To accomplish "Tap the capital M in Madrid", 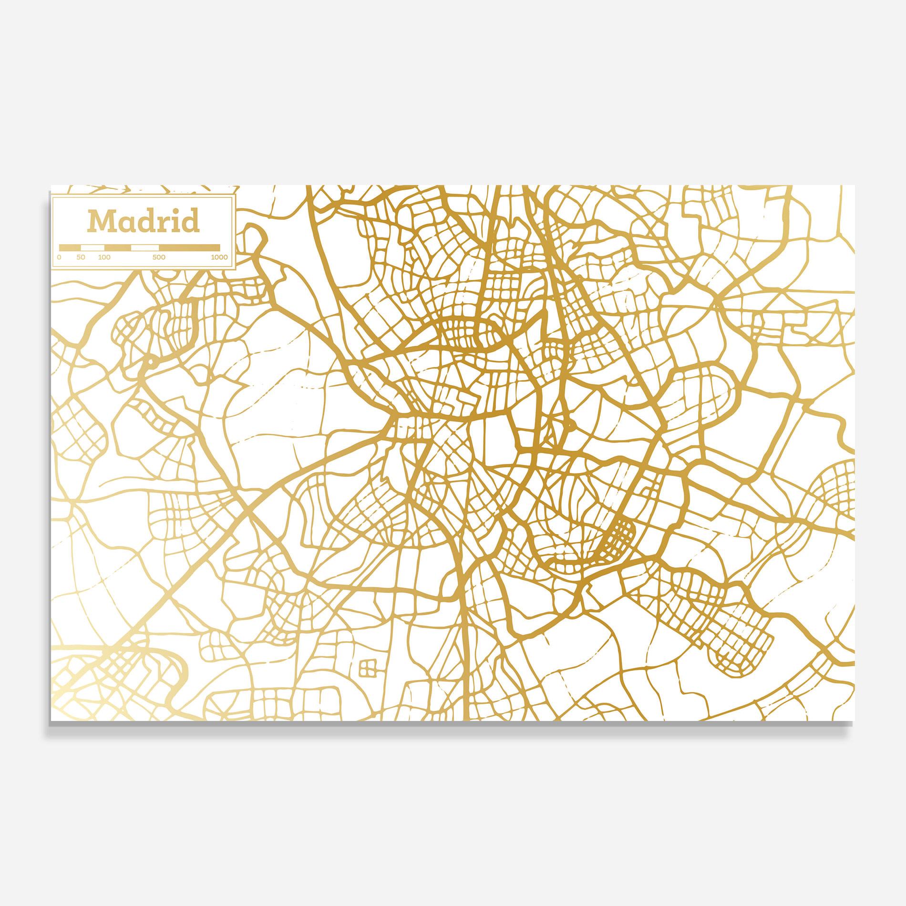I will coord(101,221).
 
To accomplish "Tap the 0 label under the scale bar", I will coord(59,257).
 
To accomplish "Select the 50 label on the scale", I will coord(81,257).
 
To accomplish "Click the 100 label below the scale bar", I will coord(104,257).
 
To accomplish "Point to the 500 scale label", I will coord(159,257).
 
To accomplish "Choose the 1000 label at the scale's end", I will coord(219,257).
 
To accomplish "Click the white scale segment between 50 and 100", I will coord(93,247).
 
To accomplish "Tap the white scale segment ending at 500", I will coord(145,247).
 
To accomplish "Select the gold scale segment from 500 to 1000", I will coord(190,247).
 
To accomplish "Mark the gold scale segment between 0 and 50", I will coord(70,247).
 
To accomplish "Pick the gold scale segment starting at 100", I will coord(118,247).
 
